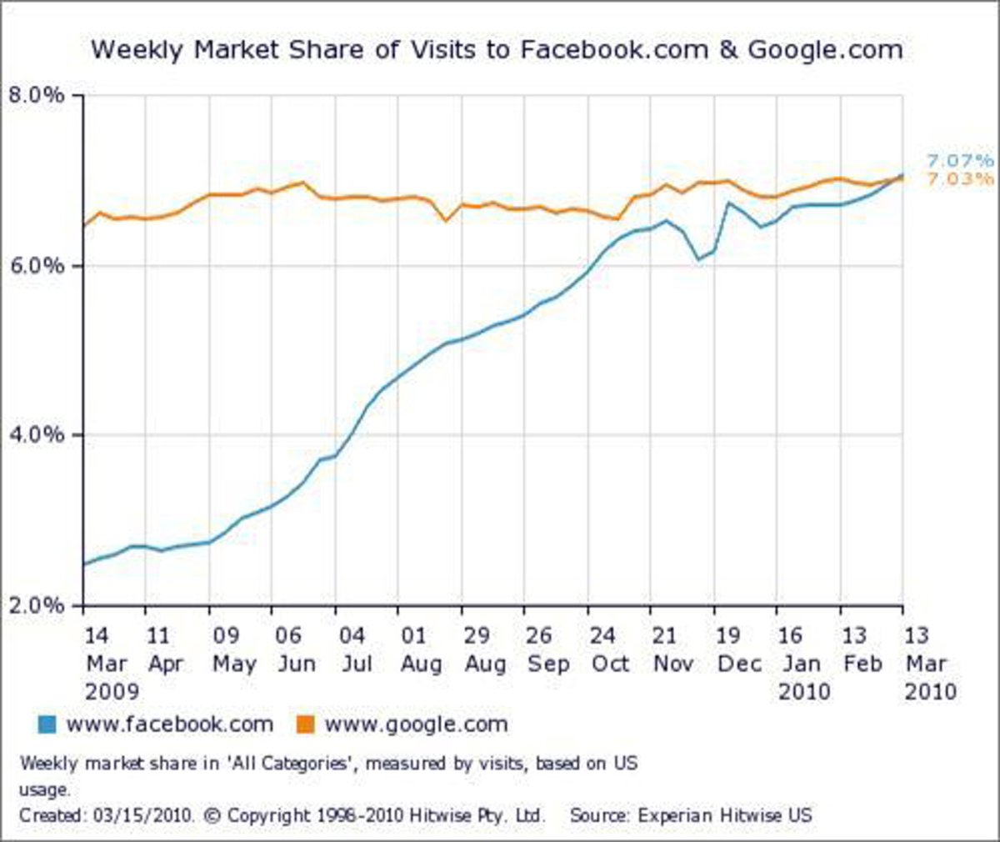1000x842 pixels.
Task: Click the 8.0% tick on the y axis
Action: pyautogui.click(x=37, y=95)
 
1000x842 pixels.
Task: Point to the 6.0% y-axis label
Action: pyautogui.click(x=37, y=266)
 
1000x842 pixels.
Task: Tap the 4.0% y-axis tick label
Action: pyautogui.click(x=37, y=435)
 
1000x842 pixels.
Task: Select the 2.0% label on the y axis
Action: pyautogui.click(x=37, y=605)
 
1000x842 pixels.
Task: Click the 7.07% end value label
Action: pyautogui.click(x=960, y=161)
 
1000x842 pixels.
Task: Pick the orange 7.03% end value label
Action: pyautogui.click(x=960, y=179)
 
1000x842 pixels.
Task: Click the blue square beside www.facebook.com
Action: pyautogui.click(x=47, y=724)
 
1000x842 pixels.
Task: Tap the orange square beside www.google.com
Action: pyautogui.click(x=305, y=724)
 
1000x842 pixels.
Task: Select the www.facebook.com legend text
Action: pyautogui.click(x=169, y=724)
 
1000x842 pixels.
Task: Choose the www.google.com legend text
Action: pyautogui.click(x=416, y=724)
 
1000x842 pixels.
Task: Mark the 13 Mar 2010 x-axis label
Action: pyautogui.click(x=926, y=664)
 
